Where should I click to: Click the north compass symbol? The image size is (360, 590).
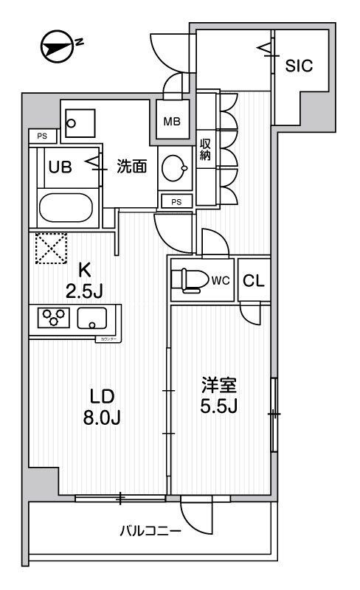tap(60, 46)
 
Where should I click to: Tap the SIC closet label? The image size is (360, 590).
tap(299, 65)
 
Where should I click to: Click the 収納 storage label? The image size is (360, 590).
tap(206, 150)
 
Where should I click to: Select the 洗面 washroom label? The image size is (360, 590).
tap(132, 167)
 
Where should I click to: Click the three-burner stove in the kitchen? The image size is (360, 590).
tap(52, 319)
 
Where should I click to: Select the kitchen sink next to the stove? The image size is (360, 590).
tap(91, 319)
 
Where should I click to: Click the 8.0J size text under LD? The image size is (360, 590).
tap(101, 417)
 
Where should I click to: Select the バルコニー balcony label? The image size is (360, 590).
tap(150, 531)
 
